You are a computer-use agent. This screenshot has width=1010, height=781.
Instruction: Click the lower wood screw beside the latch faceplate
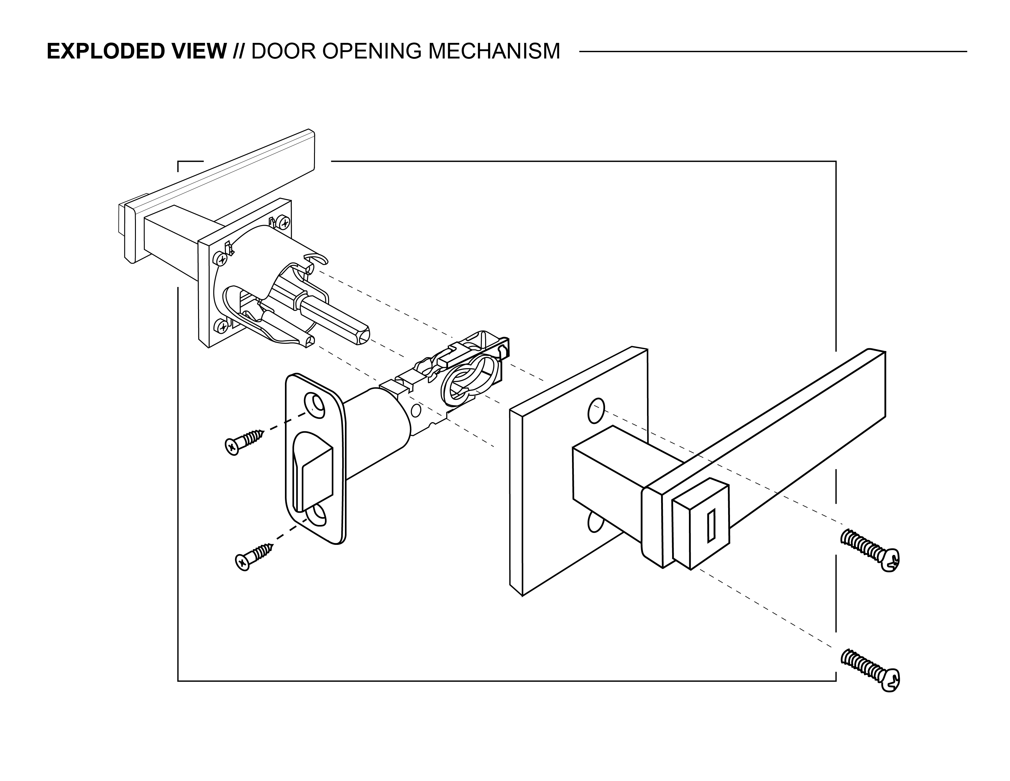click(254, 556)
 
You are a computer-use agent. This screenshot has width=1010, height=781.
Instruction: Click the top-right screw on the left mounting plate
click(284, 224)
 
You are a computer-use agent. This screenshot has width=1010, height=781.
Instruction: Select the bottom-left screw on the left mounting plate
click(223, 327)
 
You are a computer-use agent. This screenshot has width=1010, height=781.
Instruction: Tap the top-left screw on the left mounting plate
click(222, 259)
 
